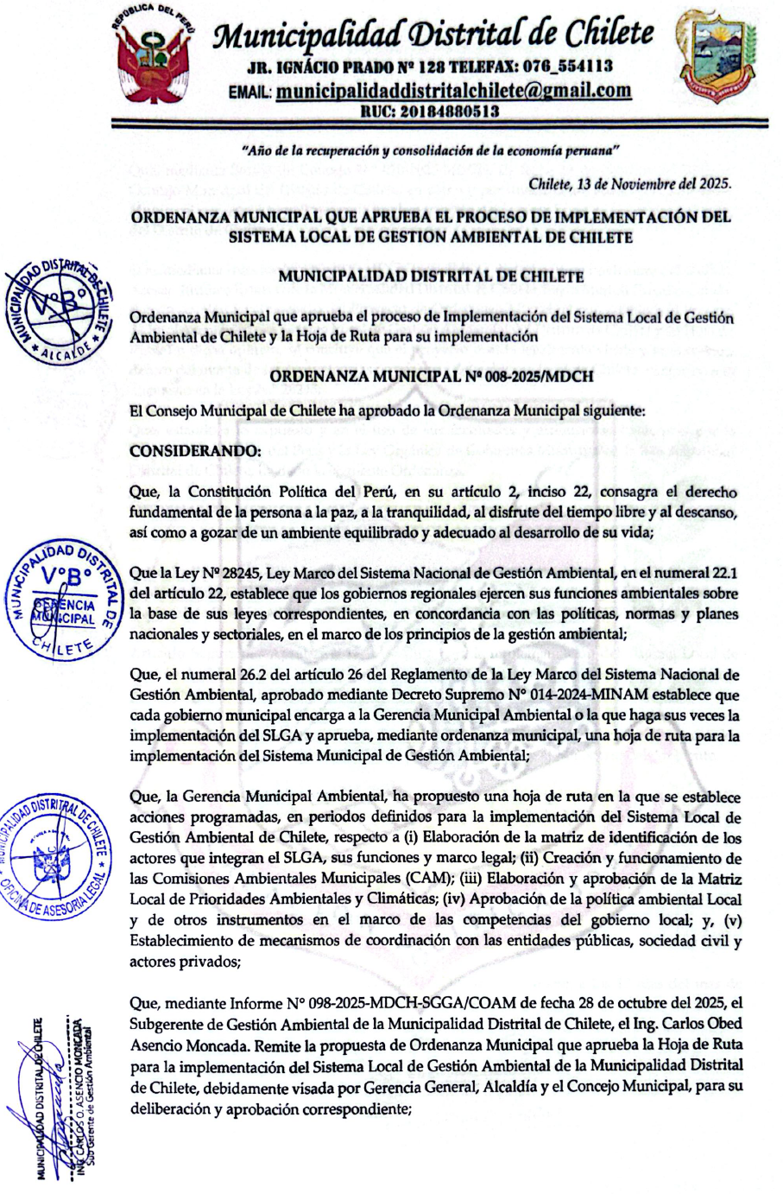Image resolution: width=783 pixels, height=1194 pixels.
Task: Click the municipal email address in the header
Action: point(453,91)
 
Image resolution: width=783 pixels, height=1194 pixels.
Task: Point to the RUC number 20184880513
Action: point(429,111)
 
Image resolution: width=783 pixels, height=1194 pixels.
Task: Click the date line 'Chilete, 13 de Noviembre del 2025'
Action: point(629,184)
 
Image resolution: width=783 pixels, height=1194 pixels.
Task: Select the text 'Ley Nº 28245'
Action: point(206,574)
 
